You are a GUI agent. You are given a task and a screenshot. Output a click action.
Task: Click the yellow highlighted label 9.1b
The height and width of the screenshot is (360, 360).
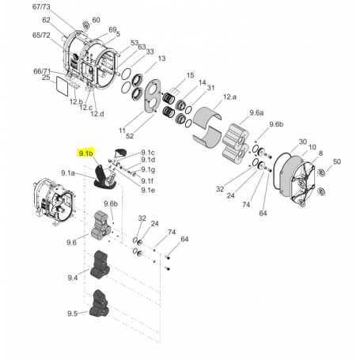pyautogui.click(x=85, y=152)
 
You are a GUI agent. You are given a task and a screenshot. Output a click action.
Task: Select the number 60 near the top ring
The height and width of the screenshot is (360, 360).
pyautogui.click(x=96, y=21)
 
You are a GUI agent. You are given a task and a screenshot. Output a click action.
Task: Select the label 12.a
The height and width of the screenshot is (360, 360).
pyautogui.click(x=230, y=95)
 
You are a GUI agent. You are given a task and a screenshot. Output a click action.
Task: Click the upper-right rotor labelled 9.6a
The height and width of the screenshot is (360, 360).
pyautogui.click(x=238, y=142)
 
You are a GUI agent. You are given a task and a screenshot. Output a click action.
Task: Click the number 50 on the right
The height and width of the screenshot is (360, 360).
pyautogui.click(x=337, y=161)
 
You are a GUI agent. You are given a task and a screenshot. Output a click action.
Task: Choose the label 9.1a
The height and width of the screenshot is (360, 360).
pyautogui.click(x=68, y=172)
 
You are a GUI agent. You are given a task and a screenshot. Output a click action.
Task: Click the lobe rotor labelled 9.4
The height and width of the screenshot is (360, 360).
pyautogui.click(x=102, y=265)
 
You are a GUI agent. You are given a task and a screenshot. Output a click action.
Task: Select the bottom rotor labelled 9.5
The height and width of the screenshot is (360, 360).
pyautogui.click(x=103, y=304)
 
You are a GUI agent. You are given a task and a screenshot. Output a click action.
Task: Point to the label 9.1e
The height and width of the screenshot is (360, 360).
pyautogui.click(x=148, y=190)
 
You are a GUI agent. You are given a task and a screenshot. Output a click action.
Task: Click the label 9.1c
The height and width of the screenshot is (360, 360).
pyautogui.click(x=148, y=153)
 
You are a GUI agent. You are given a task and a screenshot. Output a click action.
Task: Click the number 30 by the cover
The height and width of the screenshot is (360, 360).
pyautogui.click(x=302, y=142)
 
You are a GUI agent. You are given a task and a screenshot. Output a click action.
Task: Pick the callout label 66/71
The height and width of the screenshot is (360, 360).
pyautogui.click(x=42, y=70)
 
